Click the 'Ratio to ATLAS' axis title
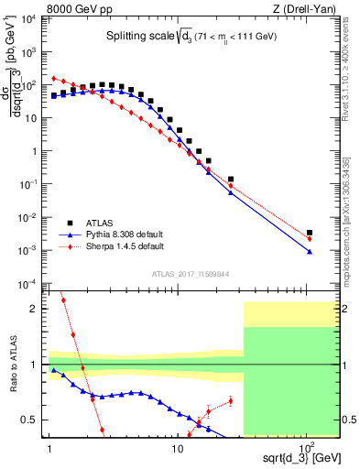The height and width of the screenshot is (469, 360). (13, 365)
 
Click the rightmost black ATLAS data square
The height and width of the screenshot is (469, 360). (311, 233)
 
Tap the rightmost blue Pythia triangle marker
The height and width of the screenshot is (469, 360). (311, 251)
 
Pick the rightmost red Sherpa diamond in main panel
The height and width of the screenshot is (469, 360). (311, 239)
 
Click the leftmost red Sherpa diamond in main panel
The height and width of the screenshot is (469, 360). (54, 78)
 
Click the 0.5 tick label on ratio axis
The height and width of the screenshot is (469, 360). (32, 420)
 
